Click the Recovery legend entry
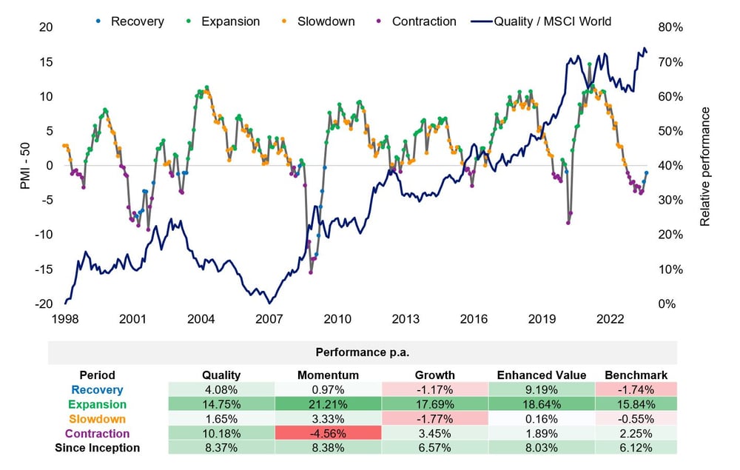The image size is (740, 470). tap(129, 21)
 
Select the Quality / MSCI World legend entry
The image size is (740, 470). tap(541, 21)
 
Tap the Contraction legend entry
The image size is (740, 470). tap(416, 21)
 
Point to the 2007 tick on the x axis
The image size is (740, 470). tap(269, 319)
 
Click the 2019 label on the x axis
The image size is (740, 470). tap(542, 319)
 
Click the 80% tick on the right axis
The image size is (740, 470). tap(670, 27)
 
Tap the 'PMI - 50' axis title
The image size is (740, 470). tap(25, 166)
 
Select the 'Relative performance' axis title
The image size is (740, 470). tap(704, 167)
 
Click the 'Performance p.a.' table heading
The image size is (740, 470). tap(363, 352)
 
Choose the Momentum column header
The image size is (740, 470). tap(328, 375)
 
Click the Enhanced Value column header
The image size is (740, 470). tap(542, 375)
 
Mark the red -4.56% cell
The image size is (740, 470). tap(328, 433)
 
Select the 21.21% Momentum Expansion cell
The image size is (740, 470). tap(328, 404)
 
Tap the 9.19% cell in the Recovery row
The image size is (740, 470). tap(542, 390)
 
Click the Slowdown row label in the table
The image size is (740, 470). tap(97, 419)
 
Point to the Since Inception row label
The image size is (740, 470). tap(97, 448)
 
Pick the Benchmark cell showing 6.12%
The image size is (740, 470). tap(636, 448)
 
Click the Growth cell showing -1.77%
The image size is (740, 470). tap(434, 419)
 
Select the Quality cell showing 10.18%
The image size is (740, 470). tap(221, 433)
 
